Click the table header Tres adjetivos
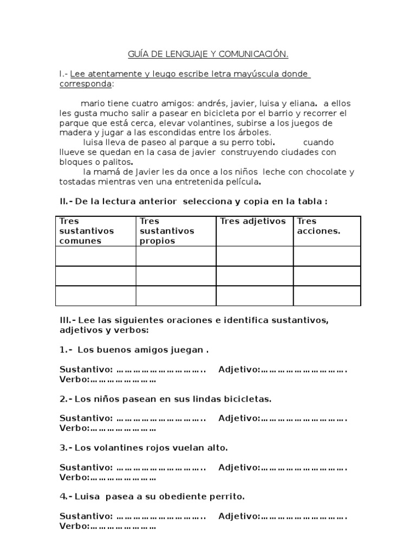click(x=252, y=221)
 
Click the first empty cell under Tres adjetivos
click(x=255, y=256)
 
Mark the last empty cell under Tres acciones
click(x=327, y=296)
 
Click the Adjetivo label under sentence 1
click(x=239, y=370)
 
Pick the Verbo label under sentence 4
click(x=74, y=526)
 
